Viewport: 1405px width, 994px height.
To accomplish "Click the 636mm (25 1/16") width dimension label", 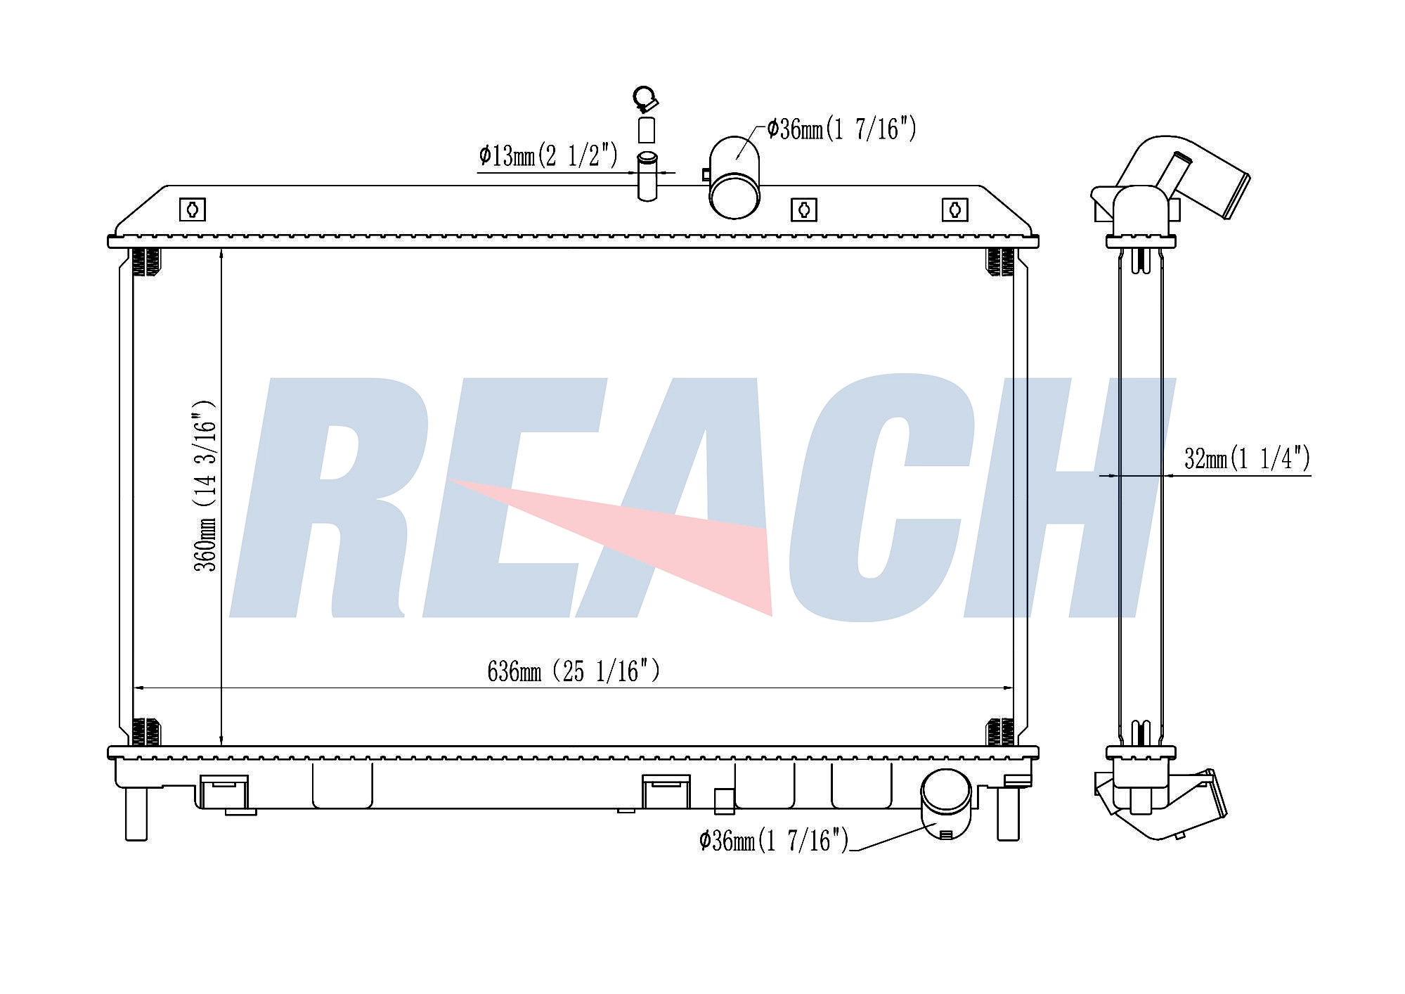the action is point(574,671).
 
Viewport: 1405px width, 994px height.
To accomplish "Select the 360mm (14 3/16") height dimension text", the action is point(205,486).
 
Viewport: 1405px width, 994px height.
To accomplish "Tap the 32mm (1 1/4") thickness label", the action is point(1247,459).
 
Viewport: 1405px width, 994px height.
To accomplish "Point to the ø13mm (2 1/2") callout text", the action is point(548,155).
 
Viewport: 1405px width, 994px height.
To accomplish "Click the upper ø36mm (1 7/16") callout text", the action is point(841,129).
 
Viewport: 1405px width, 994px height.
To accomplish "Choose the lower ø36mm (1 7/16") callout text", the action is point(774,840).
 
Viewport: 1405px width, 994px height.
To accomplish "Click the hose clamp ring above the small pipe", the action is point(645,98).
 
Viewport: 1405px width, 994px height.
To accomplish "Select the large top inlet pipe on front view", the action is point(734,177).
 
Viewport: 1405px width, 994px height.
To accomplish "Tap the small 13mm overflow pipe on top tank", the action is point(647,176).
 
